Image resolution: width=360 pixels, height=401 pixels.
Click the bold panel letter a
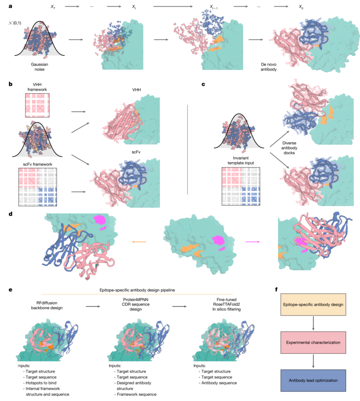10,6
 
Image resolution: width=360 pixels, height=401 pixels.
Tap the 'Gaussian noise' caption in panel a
40,67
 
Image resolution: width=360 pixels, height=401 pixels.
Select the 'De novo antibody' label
268,67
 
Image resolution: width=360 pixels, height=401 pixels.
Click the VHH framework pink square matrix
37,105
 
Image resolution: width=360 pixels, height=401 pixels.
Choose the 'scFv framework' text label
38,164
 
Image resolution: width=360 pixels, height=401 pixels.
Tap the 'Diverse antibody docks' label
289,148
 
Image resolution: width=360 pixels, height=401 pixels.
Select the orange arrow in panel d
139,242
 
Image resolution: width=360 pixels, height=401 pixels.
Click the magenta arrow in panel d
253,242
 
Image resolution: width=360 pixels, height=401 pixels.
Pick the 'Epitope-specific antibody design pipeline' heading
137,290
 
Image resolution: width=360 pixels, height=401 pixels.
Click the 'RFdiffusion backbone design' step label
47,305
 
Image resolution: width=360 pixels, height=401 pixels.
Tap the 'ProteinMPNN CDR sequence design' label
136,304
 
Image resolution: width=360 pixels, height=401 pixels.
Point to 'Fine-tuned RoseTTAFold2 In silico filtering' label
226,304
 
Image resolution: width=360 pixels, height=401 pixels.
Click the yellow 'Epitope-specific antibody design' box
313,304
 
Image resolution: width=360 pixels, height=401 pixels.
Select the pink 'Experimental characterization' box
313,342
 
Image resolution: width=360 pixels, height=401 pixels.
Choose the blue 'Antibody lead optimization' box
313,380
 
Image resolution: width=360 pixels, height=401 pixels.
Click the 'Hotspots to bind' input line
41,383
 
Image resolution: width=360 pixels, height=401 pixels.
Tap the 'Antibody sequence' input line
219,383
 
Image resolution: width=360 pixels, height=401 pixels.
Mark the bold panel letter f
276,290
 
